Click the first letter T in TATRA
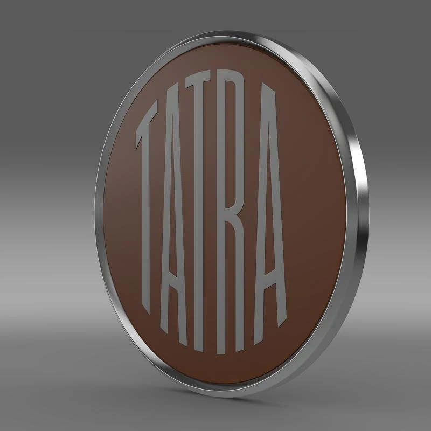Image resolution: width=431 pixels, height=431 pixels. [149, 205]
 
